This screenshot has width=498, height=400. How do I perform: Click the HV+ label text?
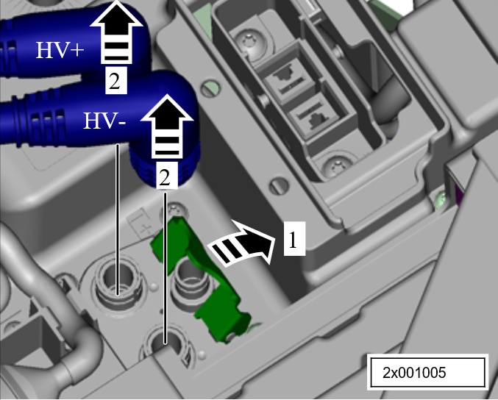[60, 50]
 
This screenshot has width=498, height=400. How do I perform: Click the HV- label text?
[104, 121]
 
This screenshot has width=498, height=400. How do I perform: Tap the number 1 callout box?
[294, 239]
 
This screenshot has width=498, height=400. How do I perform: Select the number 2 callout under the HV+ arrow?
[116, 81]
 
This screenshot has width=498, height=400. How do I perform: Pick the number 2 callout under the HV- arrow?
[166, 176]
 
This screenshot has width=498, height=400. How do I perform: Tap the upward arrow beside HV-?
[167, 126]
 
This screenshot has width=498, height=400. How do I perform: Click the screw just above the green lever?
[174, 210]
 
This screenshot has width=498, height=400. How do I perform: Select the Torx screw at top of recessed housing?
[251, 41]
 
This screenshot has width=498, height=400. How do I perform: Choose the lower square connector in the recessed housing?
[314, 116]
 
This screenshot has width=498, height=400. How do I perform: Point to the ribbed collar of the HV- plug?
[166, 165]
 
